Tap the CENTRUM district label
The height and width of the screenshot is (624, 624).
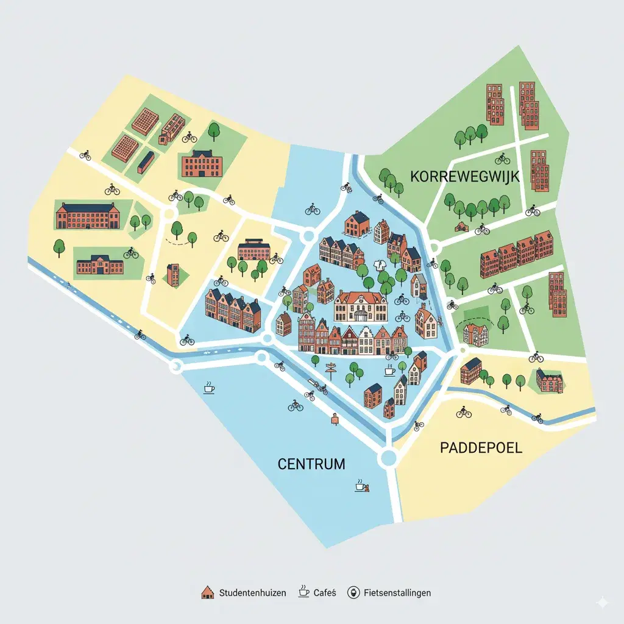(311, 464)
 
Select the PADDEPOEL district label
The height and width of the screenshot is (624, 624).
(481, 448)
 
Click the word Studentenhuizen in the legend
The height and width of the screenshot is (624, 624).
(252, 592)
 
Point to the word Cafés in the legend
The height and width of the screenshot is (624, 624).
(325, 592)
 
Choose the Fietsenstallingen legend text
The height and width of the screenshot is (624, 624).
(397, 592)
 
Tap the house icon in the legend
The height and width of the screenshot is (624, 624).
(208, 592)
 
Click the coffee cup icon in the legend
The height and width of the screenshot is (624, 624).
(303, 592)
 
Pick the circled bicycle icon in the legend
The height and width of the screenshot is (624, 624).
(353, 592)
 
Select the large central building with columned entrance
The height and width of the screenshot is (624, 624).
(360, 307)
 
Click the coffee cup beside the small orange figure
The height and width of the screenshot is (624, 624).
(361, 485)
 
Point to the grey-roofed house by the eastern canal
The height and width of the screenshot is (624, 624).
(419, 285)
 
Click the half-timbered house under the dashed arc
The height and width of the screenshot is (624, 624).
(476, 334)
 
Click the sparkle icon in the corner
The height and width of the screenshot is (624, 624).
(602, 602)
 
